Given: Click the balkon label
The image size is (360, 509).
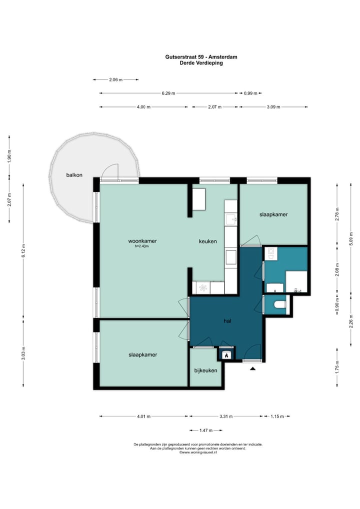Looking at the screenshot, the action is (x=74, y=175).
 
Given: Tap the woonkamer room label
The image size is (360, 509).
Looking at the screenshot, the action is (x=142, y=241).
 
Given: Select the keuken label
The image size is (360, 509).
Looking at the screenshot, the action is (x=208, y=241).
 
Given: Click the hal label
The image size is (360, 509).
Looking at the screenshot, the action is (x=227, y=320).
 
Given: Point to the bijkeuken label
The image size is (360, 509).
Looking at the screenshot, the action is (x=206, y=370).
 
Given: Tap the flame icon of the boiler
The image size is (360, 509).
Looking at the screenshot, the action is (x=226, y=355).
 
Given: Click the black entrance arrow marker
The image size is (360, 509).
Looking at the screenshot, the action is (x=253, y=368).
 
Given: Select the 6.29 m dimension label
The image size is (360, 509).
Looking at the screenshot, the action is (x=168, y=93).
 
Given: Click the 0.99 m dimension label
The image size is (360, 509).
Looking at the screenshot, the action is (x=250, y=93).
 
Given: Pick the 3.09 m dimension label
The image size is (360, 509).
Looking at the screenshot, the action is (x=273, y=107).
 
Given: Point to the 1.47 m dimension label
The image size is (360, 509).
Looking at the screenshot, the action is (x=206, y=430).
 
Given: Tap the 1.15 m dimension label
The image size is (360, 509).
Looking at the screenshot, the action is (x=277, y=416).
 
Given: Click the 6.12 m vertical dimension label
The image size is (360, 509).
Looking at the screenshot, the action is (x=23, y=250).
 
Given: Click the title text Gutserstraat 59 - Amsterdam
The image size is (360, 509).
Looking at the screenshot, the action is (x=201, y=57).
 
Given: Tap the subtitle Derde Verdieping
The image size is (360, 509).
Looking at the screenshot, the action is (x=201, y=63).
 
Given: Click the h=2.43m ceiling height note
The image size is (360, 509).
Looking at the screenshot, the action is (x=142, y=246).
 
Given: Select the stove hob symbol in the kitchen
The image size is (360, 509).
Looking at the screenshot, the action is (x=203, y=287).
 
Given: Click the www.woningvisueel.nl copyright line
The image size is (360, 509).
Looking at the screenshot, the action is (x=198, y=452).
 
